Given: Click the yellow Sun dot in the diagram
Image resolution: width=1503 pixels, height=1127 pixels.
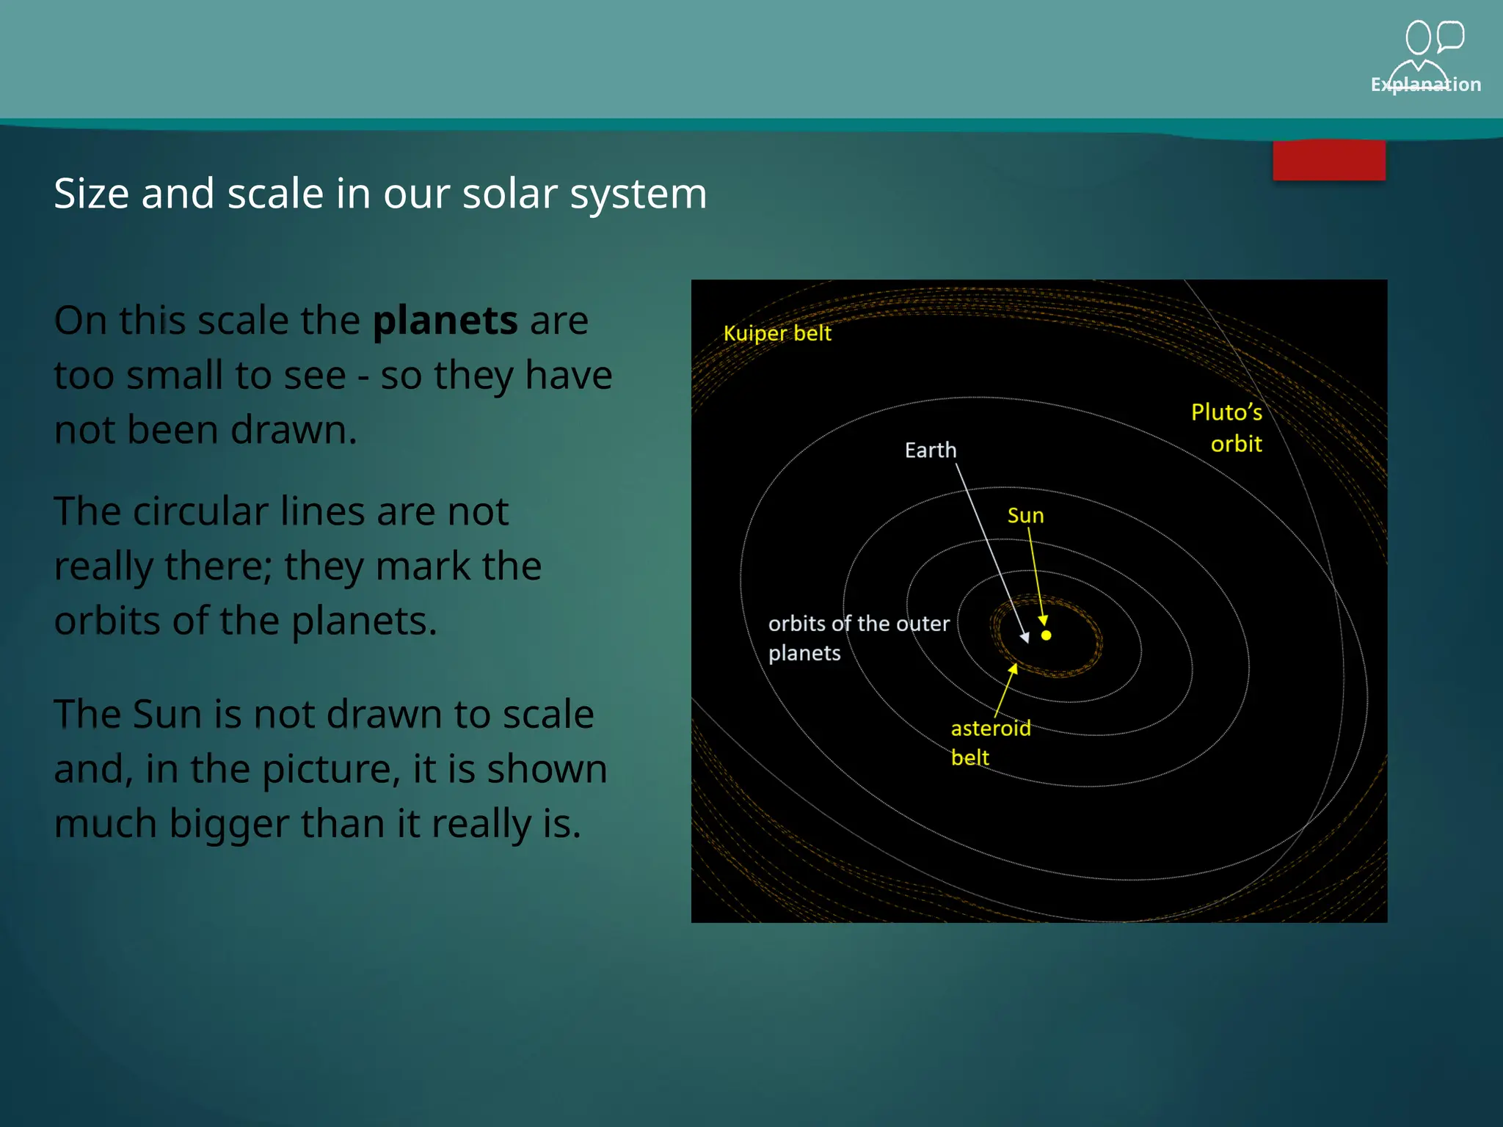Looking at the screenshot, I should point(1047,635).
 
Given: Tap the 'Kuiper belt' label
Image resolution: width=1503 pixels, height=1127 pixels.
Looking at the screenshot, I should point(777,333).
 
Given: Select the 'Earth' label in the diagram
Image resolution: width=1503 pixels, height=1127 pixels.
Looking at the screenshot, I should point(931,450).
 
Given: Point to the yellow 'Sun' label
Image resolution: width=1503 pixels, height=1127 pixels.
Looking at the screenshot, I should point(1025,516).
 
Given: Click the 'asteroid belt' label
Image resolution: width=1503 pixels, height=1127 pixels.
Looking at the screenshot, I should point(990,742).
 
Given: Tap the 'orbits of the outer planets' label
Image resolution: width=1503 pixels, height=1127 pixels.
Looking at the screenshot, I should point(858,638).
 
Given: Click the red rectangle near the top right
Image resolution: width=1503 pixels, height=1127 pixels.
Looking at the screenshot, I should point(1329,161).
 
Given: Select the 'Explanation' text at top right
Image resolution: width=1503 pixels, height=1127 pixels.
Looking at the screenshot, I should point(1425,84).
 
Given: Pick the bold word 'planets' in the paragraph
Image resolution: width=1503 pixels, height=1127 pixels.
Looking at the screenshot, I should point(445,321).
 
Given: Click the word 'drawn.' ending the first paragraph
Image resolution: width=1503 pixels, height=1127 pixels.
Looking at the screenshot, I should point(294,430).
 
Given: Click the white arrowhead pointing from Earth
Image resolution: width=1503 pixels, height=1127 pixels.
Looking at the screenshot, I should point(1025,638).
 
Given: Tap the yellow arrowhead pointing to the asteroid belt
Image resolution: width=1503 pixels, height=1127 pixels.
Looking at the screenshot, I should point(1013,668).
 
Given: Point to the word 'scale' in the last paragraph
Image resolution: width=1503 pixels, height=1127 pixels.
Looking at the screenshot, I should point(547,715).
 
